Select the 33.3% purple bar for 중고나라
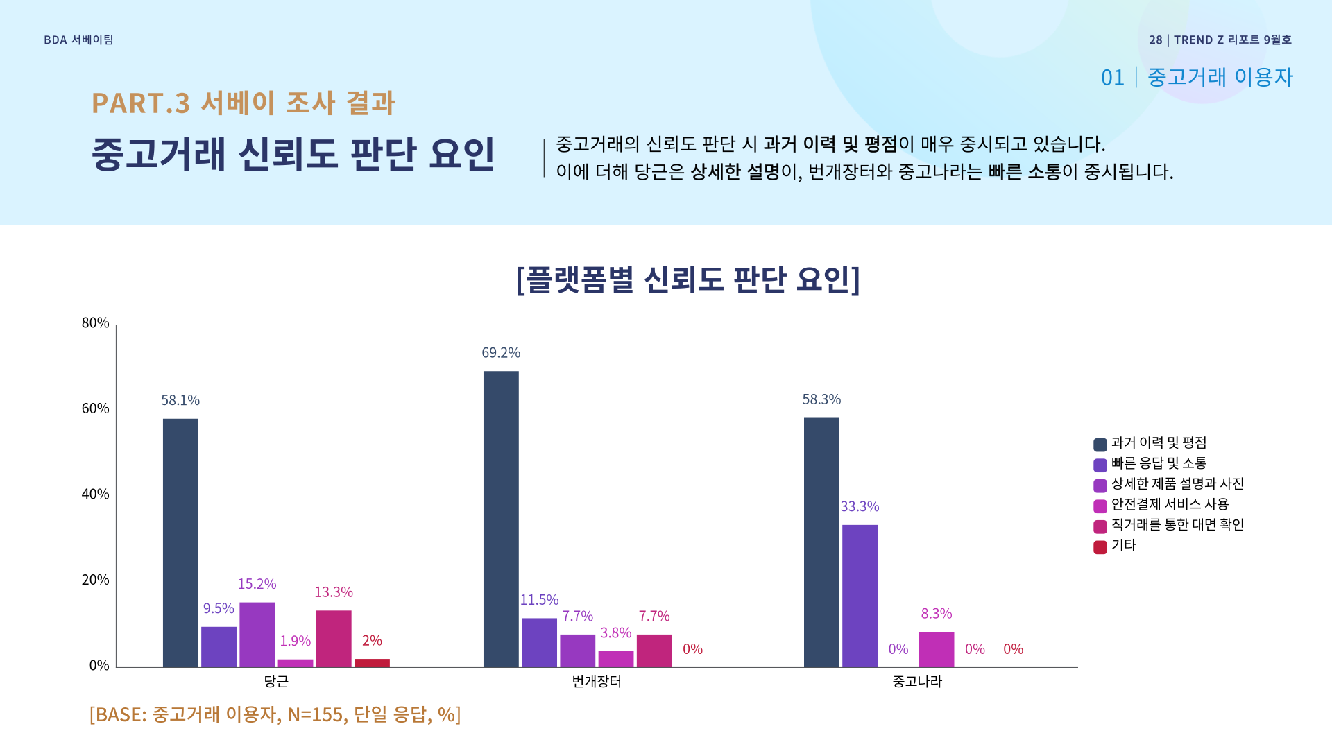[x=860, y=596]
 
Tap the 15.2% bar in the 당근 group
[x=257, y=635]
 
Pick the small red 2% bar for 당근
[x=372, y=663]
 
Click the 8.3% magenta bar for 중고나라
[x=936, y=649]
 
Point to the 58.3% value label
[x=821, y=399]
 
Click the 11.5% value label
[x=539, y=600]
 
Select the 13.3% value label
[x=334, y=592]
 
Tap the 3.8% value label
[x=615, y=633]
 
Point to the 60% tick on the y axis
[x=96, y=408]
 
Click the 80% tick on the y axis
[x=96, y=323]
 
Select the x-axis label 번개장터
[x=597, y=682]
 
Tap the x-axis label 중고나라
[x=917, y=682]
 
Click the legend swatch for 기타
[x=1100, y=547]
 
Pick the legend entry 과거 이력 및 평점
[x=1159, y=442]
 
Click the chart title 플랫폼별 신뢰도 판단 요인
[x=688, y=279]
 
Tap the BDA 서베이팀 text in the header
[x=78, y=40]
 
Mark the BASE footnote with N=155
[x=275, y=714]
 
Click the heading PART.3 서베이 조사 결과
[x=243, y=103]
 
